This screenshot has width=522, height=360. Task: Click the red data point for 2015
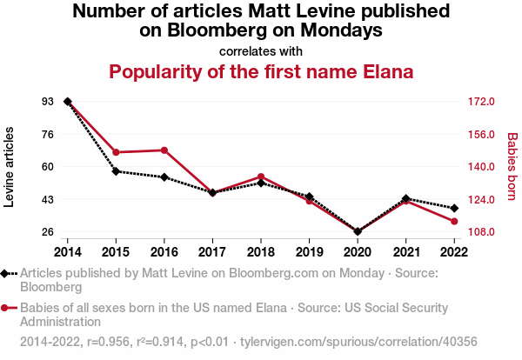click(116, 152)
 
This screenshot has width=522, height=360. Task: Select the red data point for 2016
click(164, 150)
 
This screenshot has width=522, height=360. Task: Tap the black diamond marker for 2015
click(116, 171)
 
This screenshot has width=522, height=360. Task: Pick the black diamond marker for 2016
click(164, 177)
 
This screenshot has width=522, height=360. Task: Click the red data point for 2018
click(261, 177)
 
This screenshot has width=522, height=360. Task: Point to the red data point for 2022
click(454, 222)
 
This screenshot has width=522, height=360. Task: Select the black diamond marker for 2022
click(454, 208)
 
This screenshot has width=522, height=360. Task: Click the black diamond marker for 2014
click(68, 102)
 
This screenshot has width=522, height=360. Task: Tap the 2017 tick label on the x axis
click(212, 251)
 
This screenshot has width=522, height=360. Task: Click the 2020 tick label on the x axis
click(358, 251)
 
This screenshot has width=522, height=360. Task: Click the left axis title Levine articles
click(10, 167)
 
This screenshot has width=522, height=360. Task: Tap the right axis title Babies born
click(512, 167)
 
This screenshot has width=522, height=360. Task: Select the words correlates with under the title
click(261, 50)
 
